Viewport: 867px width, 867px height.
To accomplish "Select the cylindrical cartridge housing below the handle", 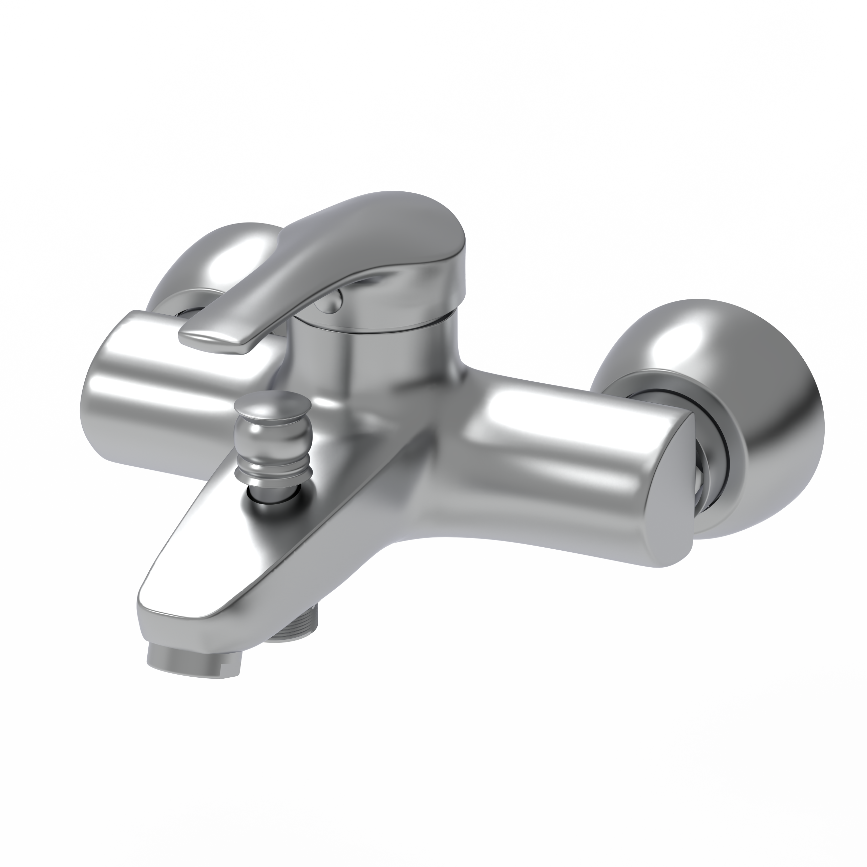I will click(x=373, y=359).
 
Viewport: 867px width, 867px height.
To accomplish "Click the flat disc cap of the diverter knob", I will click(x=273, y=403).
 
